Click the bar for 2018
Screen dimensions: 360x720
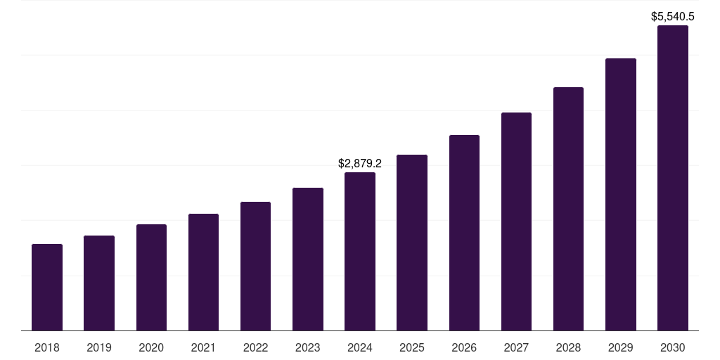pos(47,288)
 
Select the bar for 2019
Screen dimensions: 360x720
pos(99,283)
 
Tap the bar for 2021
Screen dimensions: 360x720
pos(203,272)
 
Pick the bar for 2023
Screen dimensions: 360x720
pos(308,259)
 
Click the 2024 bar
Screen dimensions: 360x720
pos(360,252)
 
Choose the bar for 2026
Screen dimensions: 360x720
pos(464,233)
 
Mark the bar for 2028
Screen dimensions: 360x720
pos(568,209)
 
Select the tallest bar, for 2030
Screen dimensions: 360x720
pos(672,178)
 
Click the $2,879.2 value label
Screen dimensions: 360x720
pos(360,163)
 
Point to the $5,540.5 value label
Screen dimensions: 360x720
pos(673,16)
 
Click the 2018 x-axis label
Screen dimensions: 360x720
pos(47,347)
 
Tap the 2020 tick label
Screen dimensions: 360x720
pos(151,347)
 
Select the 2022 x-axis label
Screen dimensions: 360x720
pos(255,347)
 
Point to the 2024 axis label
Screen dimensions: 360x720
pos(360,347)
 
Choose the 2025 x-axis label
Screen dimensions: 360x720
pos(412,347)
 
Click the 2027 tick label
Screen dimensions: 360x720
pos(516,347)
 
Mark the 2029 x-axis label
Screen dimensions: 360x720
pos(620,347)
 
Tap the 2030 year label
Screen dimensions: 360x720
pos(672,347)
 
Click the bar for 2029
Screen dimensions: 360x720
pos(620,195)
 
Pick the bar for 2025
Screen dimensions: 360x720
pos(412,243)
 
